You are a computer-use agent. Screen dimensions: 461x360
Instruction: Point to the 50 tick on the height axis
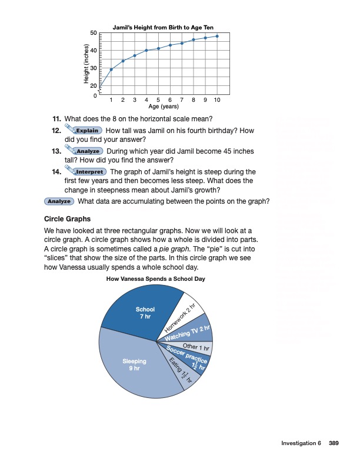94,33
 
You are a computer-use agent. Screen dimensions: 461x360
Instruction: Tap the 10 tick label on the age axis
217,101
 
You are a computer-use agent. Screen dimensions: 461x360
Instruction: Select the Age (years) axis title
164,107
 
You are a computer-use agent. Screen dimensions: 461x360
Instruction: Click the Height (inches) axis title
86,64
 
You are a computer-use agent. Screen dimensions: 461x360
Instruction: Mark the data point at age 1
111,69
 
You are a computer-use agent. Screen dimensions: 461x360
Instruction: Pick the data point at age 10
217,36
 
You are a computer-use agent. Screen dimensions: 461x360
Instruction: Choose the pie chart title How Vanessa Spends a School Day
155,278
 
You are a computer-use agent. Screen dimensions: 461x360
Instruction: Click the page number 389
334,443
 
